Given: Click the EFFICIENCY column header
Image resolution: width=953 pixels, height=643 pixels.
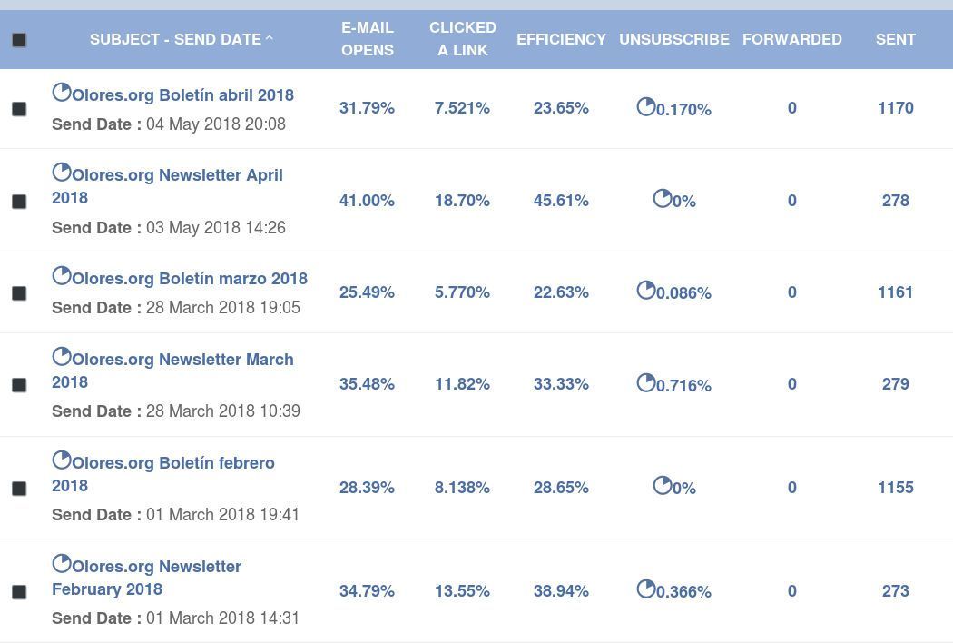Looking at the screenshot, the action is [561, 40].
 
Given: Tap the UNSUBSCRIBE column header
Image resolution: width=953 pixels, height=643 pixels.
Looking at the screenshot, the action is [674, 40].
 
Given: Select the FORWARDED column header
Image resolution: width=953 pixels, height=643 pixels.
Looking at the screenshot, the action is [792, 40].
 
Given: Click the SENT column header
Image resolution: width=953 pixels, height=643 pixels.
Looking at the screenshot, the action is [895, 40].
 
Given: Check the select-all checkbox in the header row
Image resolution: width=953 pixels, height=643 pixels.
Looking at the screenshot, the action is [19, 40].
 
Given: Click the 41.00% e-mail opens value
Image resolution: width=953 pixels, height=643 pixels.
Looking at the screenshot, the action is [367, 201].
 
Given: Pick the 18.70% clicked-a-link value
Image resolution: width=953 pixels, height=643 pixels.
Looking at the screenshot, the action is [462, 201].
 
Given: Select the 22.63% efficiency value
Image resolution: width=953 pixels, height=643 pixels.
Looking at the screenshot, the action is [561, 292].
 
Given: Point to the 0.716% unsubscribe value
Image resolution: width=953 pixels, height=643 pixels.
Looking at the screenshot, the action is [683, 385].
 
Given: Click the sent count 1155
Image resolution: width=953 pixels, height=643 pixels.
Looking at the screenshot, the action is [895, 488].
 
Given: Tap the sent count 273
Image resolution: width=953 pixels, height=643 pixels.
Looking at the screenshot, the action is [895, 590].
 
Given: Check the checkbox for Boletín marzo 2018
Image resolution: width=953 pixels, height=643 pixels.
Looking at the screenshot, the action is [19, 293].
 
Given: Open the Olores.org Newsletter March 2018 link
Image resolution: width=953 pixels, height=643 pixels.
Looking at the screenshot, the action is [172, 371].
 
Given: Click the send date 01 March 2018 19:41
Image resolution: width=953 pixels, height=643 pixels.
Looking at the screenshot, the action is [222, 515].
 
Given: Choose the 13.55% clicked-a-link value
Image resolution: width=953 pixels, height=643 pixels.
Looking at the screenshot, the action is [462, 590].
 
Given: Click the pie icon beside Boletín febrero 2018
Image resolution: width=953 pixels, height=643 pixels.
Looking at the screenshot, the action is [62, 460].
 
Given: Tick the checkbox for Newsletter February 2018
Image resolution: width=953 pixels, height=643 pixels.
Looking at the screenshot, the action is [19, 592].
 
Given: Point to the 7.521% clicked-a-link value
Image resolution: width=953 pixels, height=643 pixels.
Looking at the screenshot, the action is [462, 108].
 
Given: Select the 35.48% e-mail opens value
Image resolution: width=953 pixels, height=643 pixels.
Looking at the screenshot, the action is [367, 384].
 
